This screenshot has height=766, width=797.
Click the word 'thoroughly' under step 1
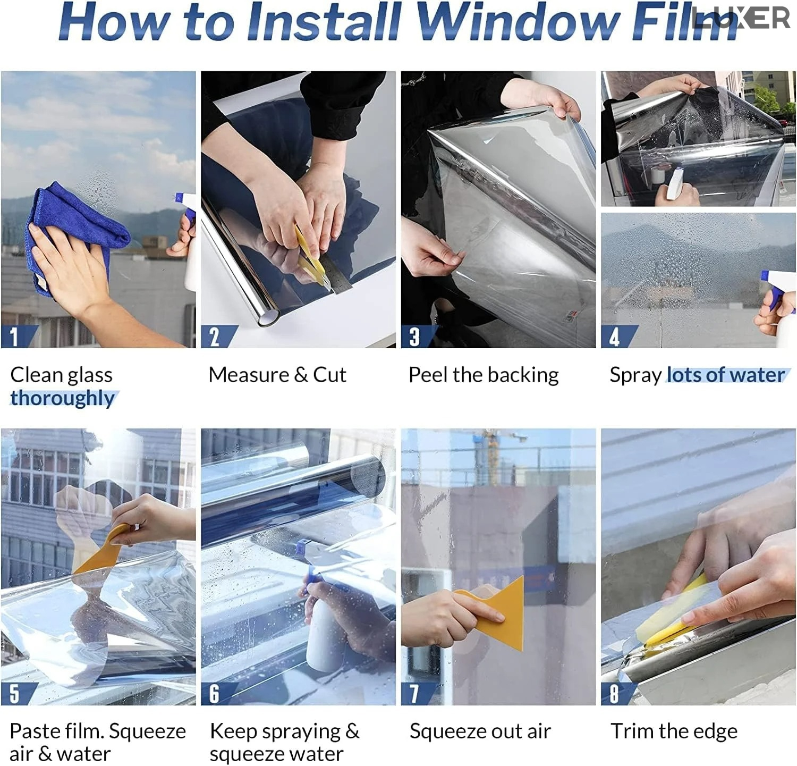(x=63, y=398)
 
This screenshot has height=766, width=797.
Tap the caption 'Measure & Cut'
(x=277, y=375)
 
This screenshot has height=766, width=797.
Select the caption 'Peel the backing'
(x=484, y=375)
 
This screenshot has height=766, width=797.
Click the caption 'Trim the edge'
(x=674, y=731)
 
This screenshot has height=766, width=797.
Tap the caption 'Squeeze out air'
(x=480, y=731)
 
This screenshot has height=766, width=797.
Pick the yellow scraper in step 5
(x=104, y=548)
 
